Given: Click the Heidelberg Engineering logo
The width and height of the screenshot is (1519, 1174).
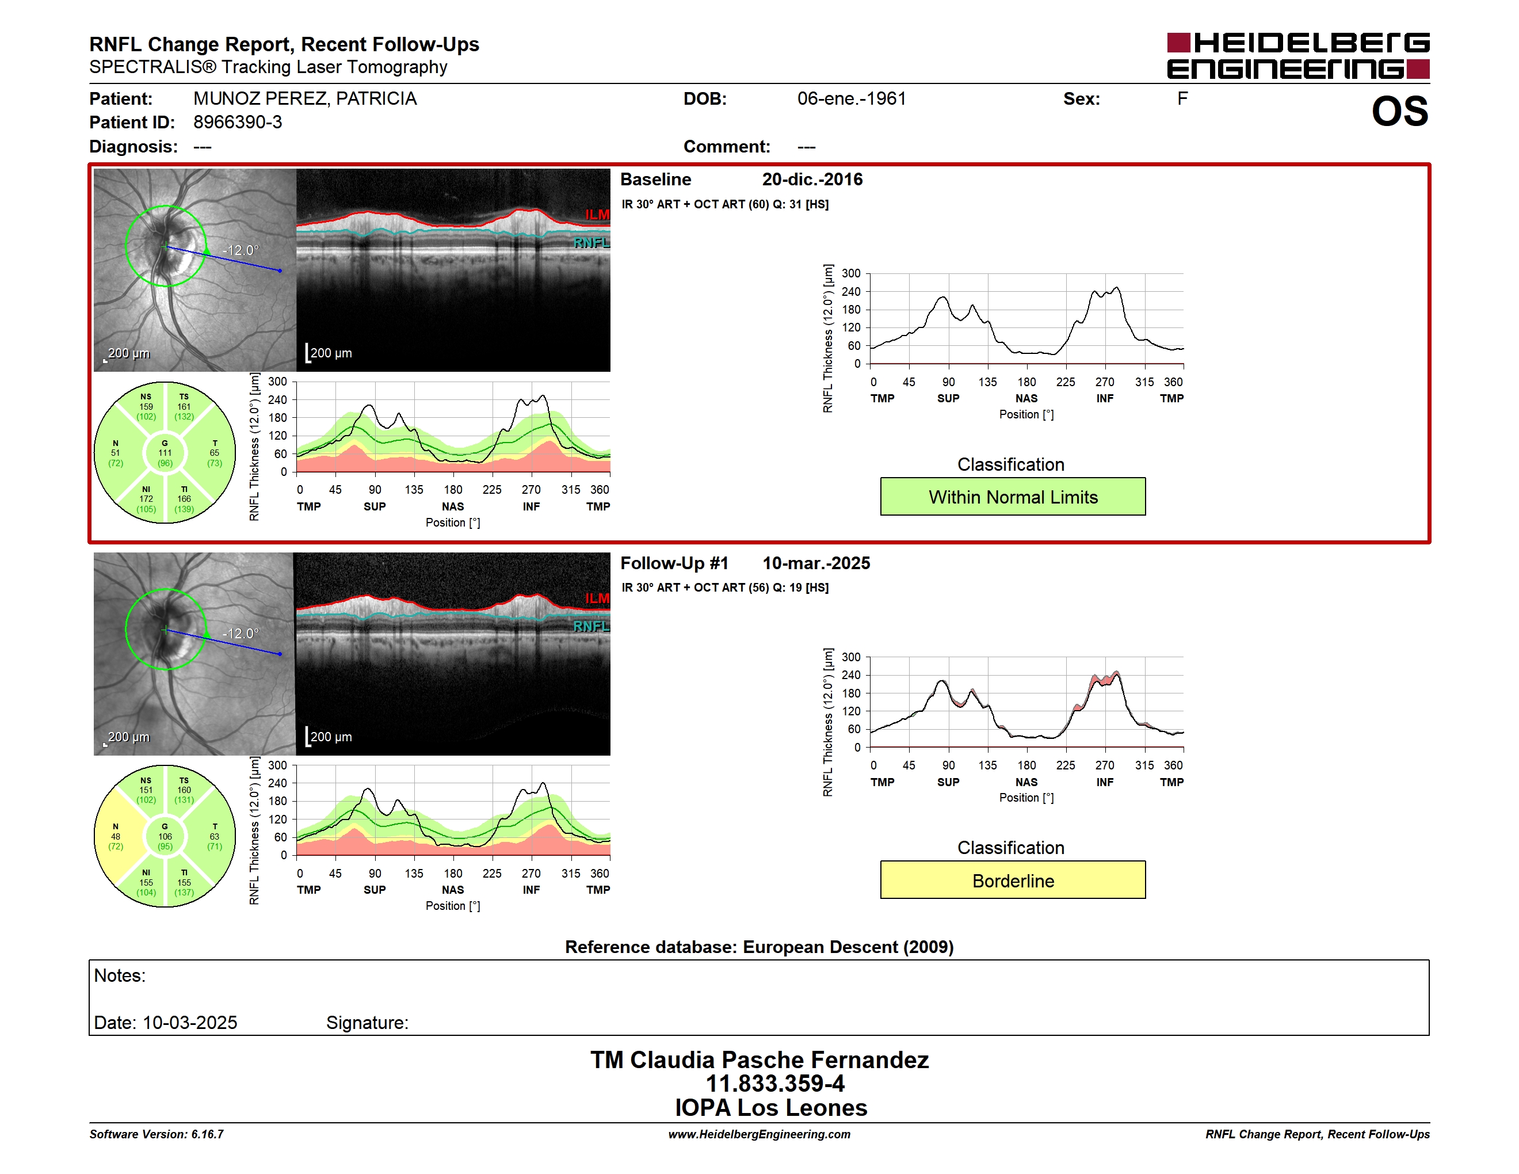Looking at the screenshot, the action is (1298, 56).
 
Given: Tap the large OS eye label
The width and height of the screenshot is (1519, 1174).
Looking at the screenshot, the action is (1400, 111).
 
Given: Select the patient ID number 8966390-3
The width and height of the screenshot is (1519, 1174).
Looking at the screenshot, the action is (238, 123).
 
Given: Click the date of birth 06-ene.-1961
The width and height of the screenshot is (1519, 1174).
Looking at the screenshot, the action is (852, 99).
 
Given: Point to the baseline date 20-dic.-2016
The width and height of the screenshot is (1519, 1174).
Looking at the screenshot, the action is (812, 180).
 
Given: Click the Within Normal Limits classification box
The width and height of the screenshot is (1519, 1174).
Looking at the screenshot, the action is (1013, 497).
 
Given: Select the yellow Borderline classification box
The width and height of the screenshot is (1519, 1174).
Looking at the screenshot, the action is (1013, 880).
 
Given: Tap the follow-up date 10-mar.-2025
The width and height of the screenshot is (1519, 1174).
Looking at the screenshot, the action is (816, 563).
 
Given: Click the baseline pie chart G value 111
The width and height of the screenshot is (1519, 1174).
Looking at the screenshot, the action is (165, 453).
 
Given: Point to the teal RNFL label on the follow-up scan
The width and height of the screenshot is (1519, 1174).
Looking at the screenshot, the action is (591, 627).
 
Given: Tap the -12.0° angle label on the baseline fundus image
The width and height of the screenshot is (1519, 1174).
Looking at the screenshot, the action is (241, 250).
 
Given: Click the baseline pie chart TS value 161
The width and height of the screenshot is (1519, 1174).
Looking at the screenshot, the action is (184, 407).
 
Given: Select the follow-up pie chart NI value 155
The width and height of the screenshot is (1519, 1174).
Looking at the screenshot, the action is (146, 883).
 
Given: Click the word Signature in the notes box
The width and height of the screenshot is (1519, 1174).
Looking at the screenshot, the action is (367, 1023).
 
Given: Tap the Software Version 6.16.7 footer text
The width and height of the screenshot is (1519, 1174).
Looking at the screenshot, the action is (157, 1134).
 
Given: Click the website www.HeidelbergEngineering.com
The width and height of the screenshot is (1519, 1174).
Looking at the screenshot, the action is (760, 1134).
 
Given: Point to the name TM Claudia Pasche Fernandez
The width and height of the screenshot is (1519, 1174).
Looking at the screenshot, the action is (760, 1060).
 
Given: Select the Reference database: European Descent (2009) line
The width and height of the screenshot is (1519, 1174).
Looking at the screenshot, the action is (760, 947).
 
